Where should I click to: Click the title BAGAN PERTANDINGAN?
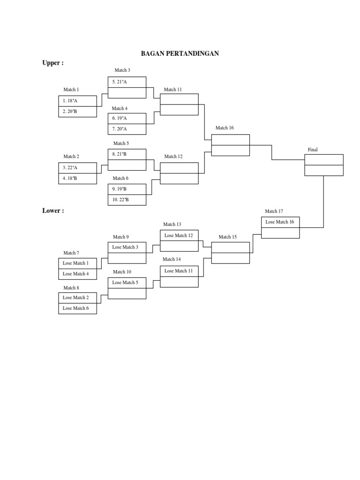(180, 54)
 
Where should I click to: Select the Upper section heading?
(53, 63)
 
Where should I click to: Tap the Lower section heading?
(53, 211)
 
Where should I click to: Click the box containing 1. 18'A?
(77, 101)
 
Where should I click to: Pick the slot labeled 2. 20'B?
(77, 112)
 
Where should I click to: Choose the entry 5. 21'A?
(127, 82)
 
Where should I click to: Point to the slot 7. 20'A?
(127, 129)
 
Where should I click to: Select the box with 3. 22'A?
(77, 168)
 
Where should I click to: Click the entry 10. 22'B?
(127, 200)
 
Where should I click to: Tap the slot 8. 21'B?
(127, 154)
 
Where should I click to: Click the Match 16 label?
(225, 128)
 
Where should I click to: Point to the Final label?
(313, 150)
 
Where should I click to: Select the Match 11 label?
(173, 90)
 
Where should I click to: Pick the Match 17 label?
(274, 211)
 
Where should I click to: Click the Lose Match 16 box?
(280, 222)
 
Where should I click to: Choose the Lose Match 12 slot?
(179, 236)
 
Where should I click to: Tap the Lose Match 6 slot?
(77, 308)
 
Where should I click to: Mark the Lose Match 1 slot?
(77, 263)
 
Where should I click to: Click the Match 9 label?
(121, 237)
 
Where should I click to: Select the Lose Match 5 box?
(127, 283)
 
